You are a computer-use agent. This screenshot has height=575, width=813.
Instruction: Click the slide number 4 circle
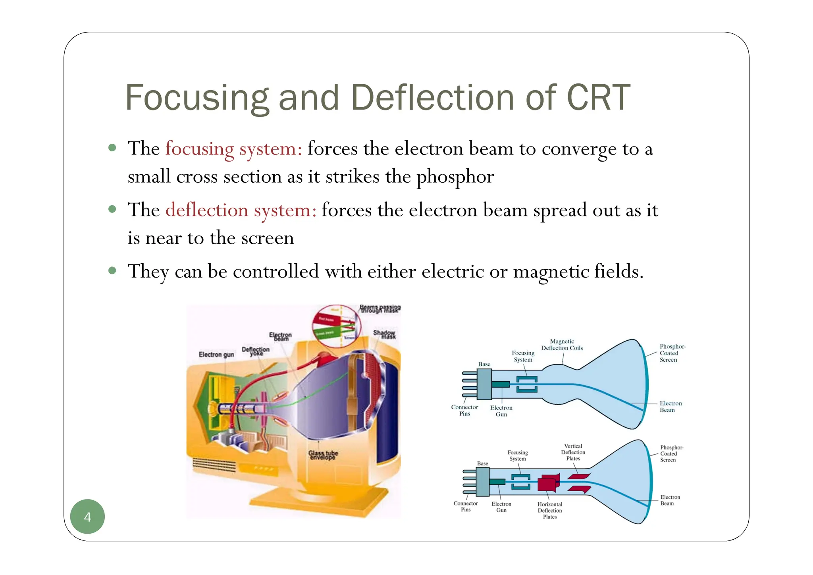87,517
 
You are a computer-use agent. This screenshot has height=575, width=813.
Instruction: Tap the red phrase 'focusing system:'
233,149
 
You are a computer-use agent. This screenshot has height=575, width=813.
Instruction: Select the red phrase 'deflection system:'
241,210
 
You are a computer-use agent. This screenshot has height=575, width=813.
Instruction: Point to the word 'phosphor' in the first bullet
455,177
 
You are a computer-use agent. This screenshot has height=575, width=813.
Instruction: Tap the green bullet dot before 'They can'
112,271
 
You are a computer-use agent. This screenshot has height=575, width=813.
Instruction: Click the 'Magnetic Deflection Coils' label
562,345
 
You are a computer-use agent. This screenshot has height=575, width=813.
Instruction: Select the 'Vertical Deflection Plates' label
573,452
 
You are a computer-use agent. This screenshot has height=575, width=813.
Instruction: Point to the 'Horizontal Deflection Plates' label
550,510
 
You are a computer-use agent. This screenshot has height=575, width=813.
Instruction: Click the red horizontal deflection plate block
548,483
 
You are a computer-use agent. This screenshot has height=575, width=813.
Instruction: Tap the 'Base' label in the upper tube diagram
484,364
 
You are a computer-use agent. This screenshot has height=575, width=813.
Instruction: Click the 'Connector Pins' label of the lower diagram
466,506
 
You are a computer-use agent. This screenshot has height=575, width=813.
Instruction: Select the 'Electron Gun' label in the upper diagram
501,411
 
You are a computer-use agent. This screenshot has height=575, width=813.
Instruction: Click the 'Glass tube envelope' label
323,455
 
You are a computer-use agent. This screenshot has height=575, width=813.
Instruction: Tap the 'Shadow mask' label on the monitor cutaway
384,334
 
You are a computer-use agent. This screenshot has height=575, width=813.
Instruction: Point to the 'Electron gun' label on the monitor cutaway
216,354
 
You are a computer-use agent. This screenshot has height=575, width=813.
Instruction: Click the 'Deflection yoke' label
256,351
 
